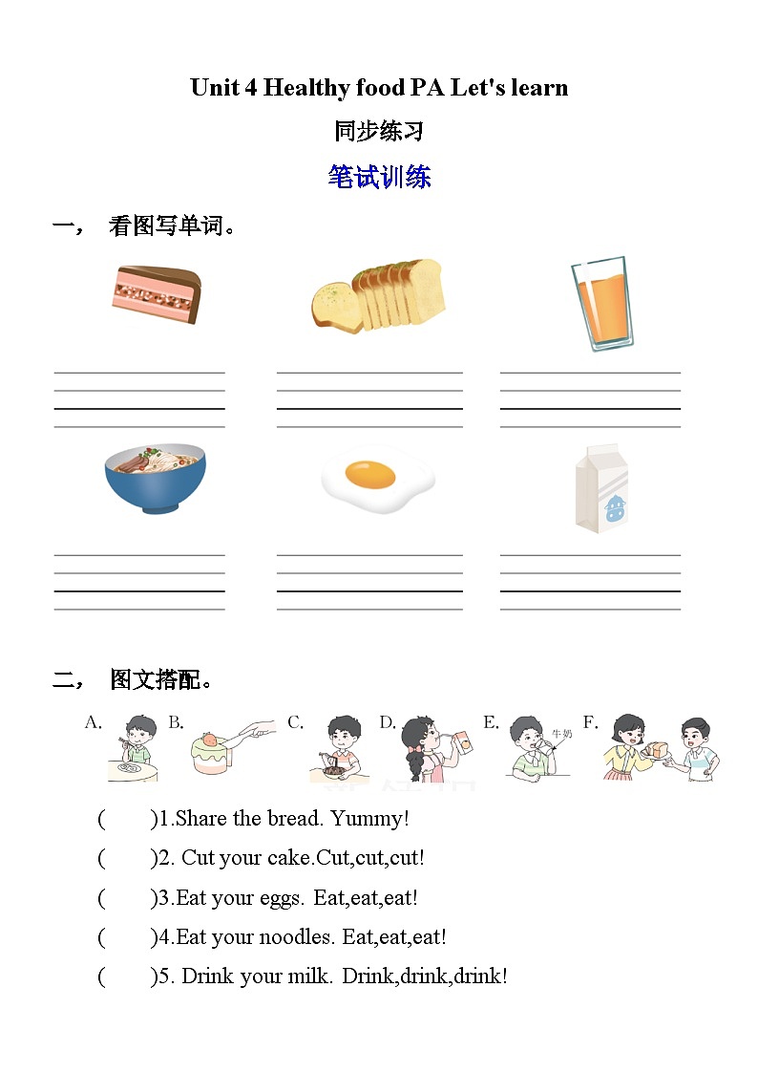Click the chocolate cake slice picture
[x=157, y=294]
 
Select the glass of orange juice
[x=602, y=302]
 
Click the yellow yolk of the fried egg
[x=370, y=472]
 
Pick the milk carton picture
[x=600, y=487]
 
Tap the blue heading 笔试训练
[x=379, y=177]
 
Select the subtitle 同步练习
[x=379, y=131]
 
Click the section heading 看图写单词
[x=172, y=226]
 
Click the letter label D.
[x=388, y=722]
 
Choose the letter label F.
[x=590, y=722]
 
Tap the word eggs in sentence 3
[x=280, y=898]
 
